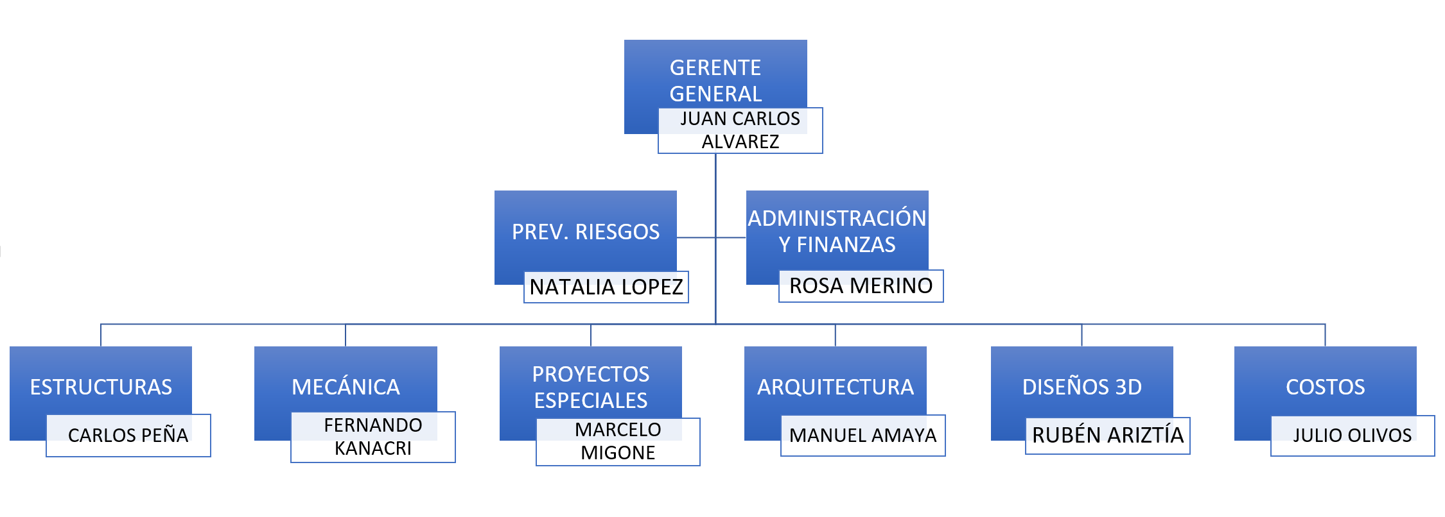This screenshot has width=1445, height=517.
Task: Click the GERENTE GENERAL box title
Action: [x=715, y=80]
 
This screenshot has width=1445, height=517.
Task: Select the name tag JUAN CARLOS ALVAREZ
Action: [x=740, y=130]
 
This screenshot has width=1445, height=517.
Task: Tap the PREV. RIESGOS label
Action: [x=586, y=232]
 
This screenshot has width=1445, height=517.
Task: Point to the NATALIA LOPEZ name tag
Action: [x=606, y=287]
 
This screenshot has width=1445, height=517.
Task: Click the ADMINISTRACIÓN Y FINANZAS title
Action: [x=837, y=231]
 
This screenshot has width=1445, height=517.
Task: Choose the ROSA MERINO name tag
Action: [x=861, y=285]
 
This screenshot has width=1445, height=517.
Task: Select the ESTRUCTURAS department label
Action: [x=101, y=387]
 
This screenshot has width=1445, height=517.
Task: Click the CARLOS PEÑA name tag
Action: [x=128, y=435]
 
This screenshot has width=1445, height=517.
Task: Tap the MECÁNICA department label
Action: [x=346, y=387]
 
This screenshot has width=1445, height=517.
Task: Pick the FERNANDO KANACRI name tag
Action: [x=372, y=437]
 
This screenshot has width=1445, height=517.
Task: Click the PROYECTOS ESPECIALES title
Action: [x=591, y=387]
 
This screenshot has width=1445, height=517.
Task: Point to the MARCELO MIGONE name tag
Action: [x=618, y=441]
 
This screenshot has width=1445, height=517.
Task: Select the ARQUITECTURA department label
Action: [x=835, y=387]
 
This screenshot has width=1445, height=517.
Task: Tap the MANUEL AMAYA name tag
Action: [x=863, y=435]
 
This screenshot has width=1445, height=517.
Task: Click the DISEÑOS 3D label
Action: [x=1082, y=387]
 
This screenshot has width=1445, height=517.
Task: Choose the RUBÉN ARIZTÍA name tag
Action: [x=1107, y=435]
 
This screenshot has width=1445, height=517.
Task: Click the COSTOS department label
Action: [x=1325, y=387]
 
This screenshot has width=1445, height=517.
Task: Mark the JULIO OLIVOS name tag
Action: [x=1352, y=435]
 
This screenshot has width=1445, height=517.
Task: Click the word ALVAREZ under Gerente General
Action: [x=740, y=142]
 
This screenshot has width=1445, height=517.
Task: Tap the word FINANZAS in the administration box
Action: [x=846, y=244]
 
